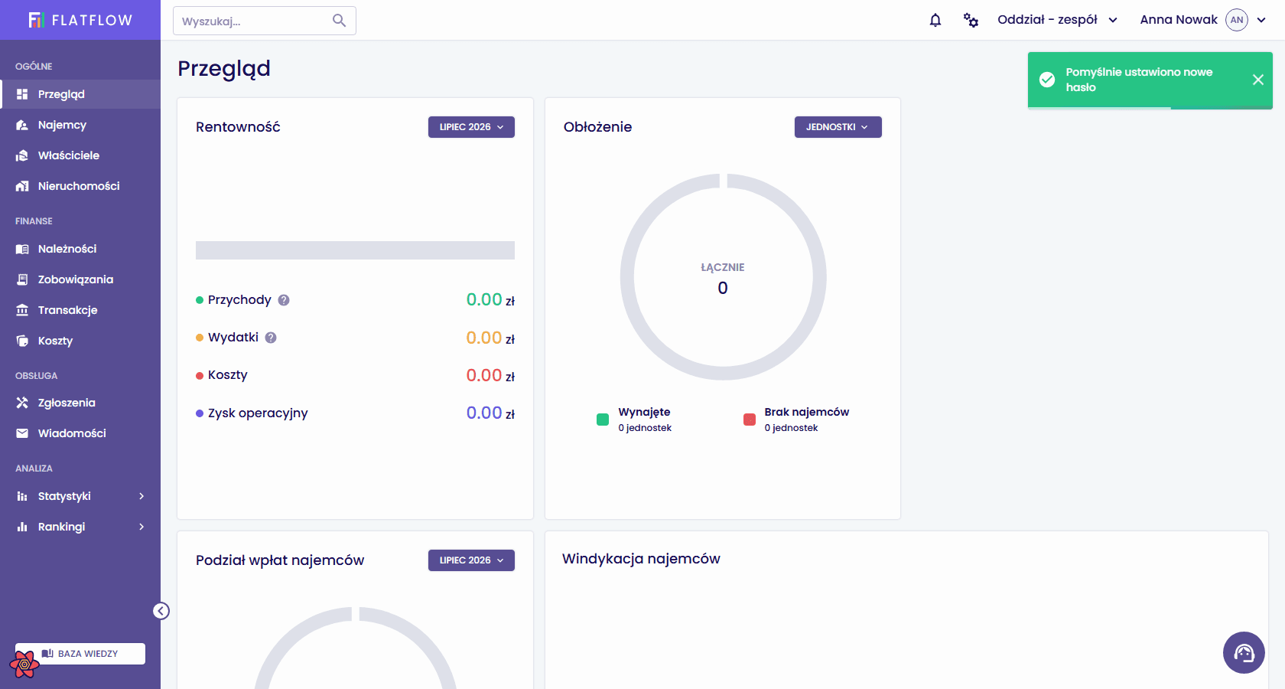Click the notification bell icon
935,20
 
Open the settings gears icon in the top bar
971,20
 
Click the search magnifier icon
339,21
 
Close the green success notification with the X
1258,80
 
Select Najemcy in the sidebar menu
62,125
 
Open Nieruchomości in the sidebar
79,186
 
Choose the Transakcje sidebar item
67,310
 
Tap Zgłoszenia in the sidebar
67,403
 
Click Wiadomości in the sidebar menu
72,433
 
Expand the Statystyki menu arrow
142,496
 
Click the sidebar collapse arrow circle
161,611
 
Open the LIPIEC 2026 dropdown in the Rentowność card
471,127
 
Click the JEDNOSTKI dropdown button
838,127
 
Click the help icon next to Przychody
283,300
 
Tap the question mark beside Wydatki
271,338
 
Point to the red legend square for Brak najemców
750,420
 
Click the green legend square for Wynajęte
603,420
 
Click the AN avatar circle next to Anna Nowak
1237,20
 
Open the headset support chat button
1244,653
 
